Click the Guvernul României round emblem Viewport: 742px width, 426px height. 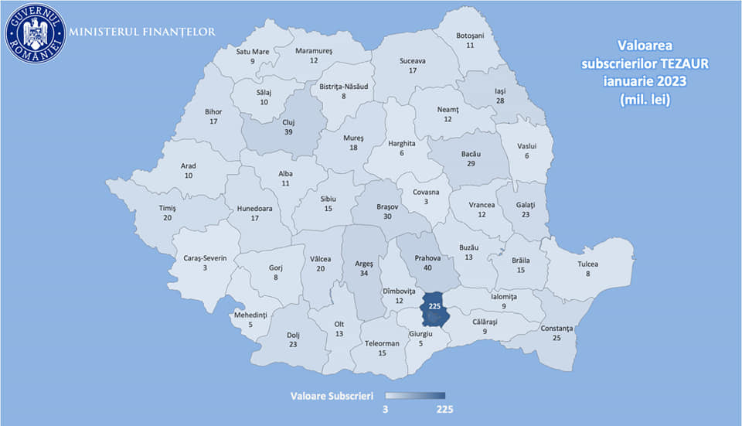click(35, 32)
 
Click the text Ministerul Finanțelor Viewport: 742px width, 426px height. click(142, 32)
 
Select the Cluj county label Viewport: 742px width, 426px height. click(288, 122)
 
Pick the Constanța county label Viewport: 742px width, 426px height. click(556, 329)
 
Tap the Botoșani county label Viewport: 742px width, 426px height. click(470, 36)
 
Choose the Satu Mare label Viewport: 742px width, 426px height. click(253, 52)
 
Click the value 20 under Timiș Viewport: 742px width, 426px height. click(168, 218)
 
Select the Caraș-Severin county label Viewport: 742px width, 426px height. click(206, 257)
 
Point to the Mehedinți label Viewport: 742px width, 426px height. click(250, 315)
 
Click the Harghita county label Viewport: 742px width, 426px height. click(402, 143)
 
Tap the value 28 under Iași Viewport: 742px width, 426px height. click(501, 101)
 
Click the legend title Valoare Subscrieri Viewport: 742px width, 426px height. click(332, 395)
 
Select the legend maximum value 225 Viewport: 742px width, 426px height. click(444, 409)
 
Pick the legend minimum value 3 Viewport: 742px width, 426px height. click(385, 409)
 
